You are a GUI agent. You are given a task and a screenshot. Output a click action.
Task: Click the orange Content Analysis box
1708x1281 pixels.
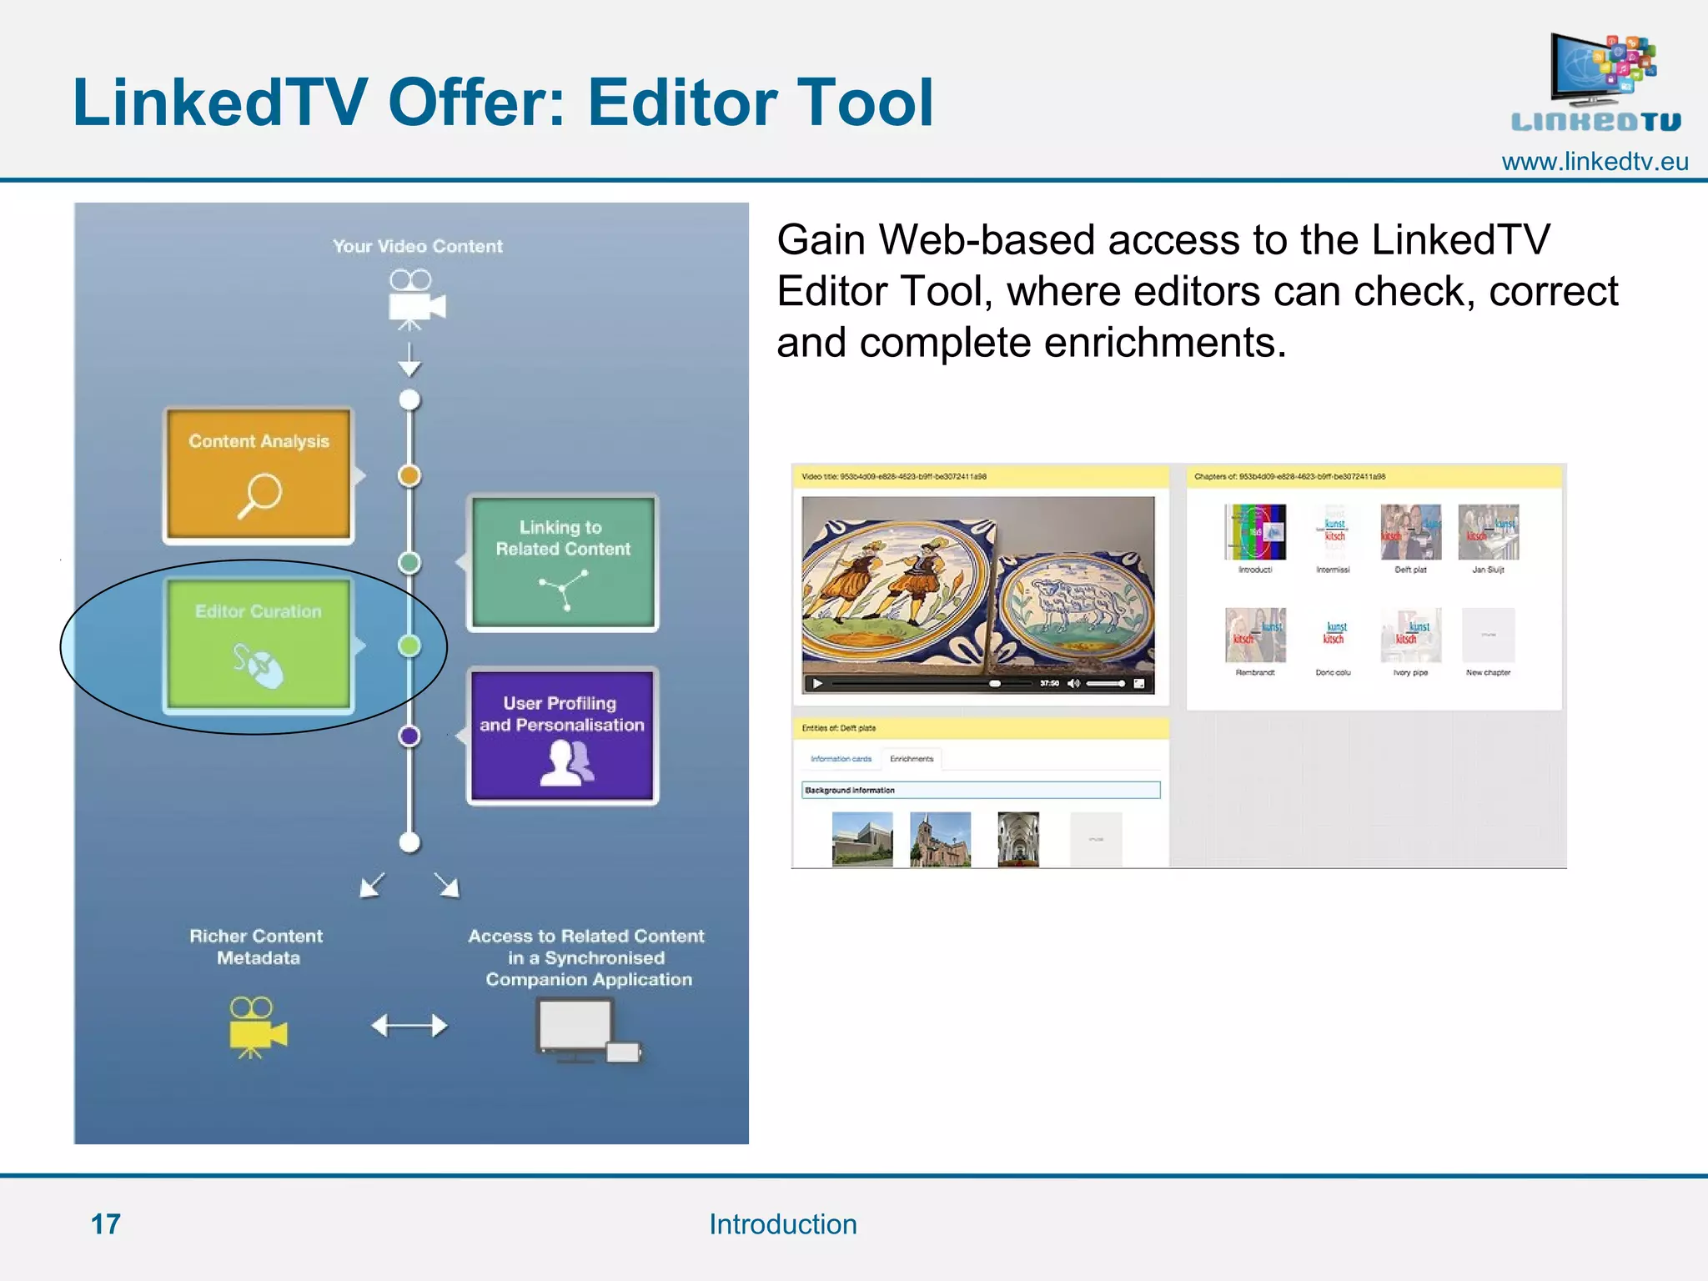click(x=259, y=475)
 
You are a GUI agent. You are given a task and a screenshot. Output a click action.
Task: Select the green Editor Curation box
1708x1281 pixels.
click(x=259, y=645)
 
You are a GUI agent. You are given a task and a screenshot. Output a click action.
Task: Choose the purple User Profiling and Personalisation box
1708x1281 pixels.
click(x=562, y=736)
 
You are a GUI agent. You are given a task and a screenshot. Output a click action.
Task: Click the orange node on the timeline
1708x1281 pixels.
click(x=409, y=475)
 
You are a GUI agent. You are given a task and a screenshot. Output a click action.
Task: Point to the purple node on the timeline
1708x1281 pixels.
click(x=409, y=736)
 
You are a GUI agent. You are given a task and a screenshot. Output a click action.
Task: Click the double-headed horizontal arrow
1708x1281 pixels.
click(x=409, y=1025)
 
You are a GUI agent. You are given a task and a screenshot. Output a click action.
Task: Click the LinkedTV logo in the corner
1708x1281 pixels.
click(x=1597, y=83)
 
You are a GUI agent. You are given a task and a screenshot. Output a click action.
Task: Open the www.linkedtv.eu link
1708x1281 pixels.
click(x=1595, y=162)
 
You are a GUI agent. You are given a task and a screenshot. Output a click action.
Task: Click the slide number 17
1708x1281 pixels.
click(x=106, y=1224)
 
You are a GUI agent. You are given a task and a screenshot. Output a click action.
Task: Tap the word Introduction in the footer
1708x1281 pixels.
click(x=782, y=1224)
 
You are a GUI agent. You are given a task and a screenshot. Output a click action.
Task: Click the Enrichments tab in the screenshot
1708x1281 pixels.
click(x=912, y=759)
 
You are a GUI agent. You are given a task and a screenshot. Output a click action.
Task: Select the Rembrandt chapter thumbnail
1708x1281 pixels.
click(x=1255, y=636)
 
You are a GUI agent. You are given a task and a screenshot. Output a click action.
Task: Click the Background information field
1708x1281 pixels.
click(x=981, y=790)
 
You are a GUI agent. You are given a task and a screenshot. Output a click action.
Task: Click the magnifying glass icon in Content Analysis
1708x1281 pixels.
click(x=260, y=495)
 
